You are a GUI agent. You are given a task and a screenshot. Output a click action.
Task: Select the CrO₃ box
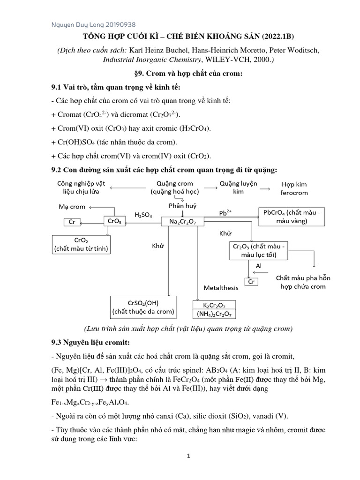(114, 221)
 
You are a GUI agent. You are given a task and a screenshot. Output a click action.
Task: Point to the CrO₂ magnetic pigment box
(81, 244)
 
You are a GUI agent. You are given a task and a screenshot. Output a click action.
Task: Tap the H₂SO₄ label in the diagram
(143, 215)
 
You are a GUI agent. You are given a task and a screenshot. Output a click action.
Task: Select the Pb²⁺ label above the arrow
(225, 213)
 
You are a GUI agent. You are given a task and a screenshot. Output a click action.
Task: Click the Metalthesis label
(221, 287)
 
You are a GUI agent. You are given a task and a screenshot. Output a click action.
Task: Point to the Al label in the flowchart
(259, 266)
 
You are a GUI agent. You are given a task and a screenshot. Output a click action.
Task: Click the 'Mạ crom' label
(72, 206)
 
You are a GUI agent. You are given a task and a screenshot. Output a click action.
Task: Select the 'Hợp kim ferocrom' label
(294, 188)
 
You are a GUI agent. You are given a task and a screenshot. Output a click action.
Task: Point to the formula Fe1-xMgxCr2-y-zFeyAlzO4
(93, 402)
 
